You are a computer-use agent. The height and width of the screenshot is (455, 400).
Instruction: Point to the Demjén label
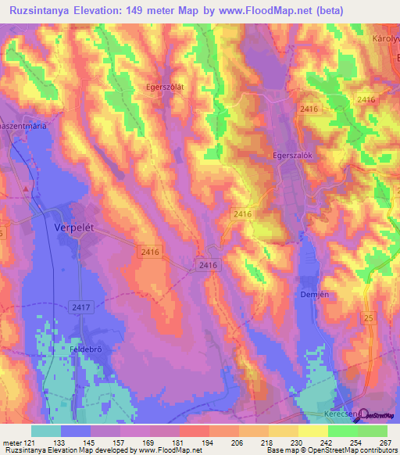click(x=312, y=294)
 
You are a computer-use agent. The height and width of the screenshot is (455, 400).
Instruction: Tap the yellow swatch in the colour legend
click(x=312, y=431)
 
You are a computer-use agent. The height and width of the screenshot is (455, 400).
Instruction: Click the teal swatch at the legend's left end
click(x=45, y=431)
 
